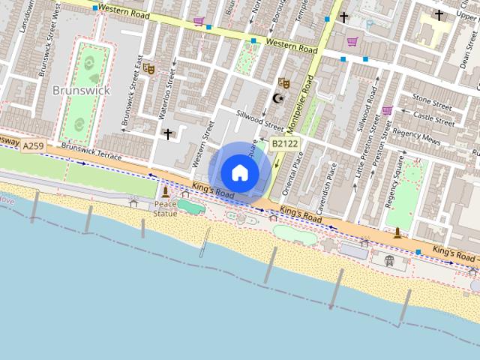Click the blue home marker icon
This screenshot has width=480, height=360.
tap(239, 173)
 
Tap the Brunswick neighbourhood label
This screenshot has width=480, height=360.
tap(81, 90)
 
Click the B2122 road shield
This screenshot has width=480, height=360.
tap(284, 142)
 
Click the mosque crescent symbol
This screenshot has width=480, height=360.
tap(279, 97)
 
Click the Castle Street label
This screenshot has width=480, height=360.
tap(434, 118)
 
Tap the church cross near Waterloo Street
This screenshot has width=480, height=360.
tap(168, 134)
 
